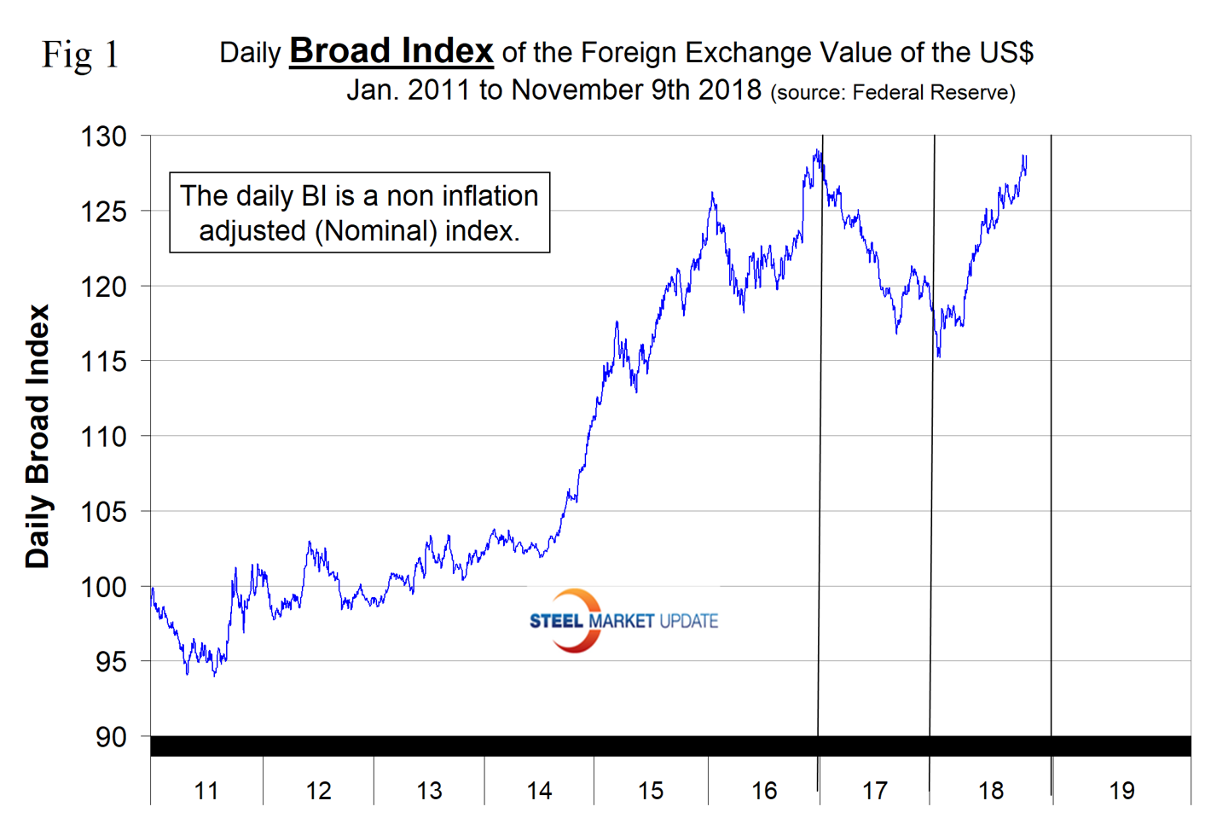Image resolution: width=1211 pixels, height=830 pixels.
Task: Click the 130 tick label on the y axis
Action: (x=103, y=136)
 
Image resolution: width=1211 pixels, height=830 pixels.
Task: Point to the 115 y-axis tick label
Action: (x=103, y=362)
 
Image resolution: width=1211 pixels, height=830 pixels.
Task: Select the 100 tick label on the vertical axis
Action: (x=103, y=587)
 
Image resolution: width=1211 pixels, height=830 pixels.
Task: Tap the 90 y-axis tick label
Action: (x=110, y=737)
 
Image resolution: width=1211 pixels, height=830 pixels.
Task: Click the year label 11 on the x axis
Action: (x=206, y=791)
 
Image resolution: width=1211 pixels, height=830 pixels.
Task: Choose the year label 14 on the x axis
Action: (x=539, y=791)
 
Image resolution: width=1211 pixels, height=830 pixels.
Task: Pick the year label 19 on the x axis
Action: (x=1121, y=791)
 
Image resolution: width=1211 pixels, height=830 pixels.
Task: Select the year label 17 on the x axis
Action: (x=875, y=791)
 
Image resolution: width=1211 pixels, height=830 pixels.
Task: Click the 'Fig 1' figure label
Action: (x=81, y=55)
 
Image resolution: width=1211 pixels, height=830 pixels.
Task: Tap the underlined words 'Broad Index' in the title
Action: (x=391, y=51)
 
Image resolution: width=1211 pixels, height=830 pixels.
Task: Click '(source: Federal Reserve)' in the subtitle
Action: (x=893, y=92)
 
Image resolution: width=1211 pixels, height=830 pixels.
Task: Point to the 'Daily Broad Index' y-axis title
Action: (x=38, y=436)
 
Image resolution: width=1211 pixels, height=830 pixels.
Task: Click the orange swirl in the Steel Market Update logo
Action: (x=577, y=619)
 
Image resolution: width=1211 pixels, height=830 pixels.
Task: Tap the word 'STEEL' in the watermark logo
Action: (x=556, y=621)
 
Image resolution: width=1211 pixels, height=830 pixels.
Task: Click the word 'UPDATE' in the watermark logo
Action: (x=688, y=621)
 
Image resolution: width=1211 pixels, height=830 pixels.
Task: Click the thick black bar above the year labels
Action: (x=670, y=746)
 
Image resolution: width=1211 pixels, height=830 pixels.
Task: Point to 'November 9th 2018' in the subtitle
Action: (x=636, y=90)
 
